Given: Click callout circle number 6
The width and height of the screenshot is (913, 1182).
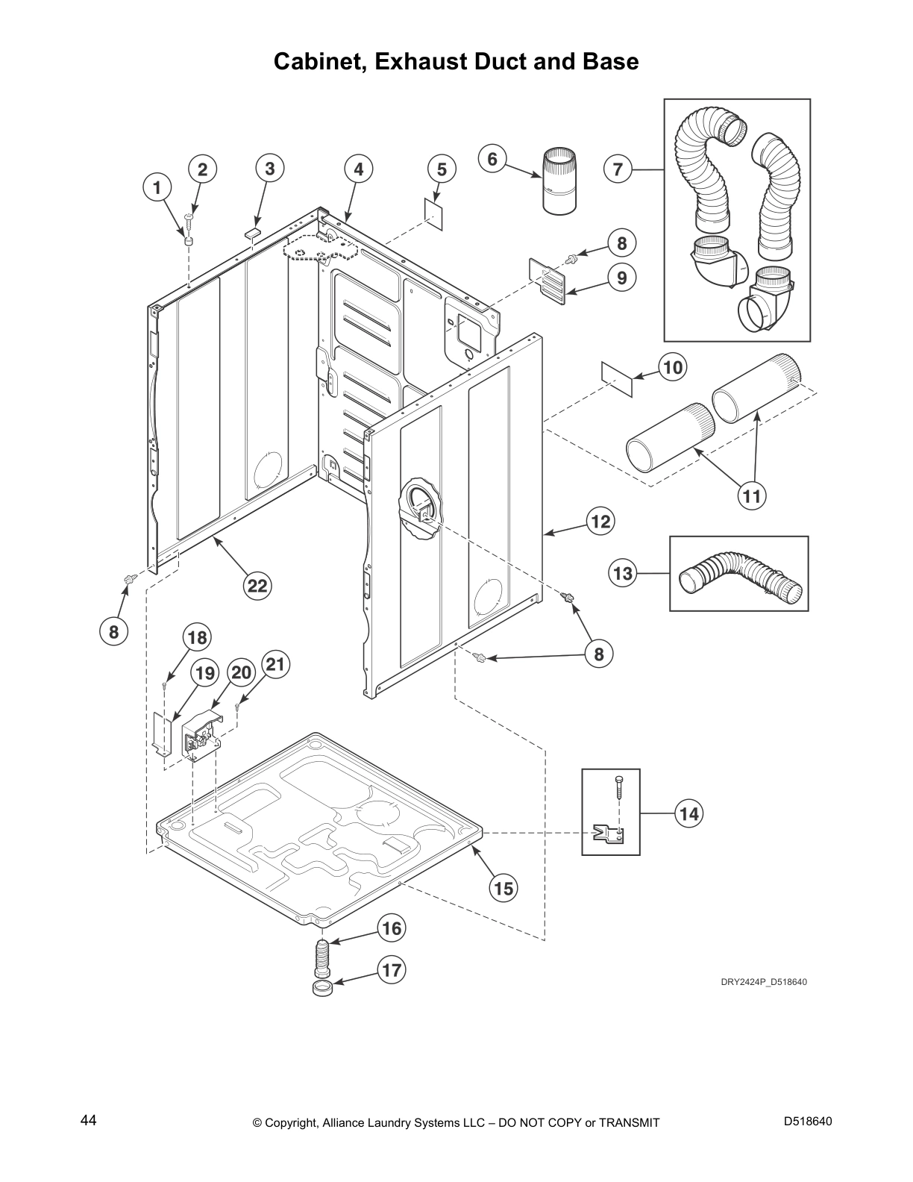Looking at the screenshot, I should (x=492, y=160).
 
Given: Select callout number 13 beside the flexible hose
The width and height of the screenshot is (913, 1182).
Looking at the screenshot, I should (x=622, y=573).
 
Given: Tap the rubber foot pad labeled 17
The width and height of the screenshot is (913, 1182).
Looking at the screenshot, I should (x=322, y=989).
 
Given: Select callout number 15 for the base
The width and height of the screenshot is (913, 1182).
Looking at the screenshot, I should (x=503, y=888).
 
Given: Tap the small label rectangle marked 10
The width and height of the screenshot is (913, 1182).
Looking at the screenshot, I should (x=617, y=378).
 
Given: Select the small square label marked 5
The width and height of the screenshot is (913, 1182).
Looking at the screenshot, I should (x=434, y=210).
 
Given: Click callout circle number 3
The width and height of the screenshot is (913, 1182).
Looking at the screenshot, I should (x=270, y=169).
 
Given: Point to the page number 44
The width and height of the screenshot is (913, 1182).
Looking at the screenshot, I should (x=88, y=1120).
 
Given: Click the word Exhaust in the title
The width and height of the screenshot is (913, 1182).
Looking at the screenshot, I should (x=423, y=61).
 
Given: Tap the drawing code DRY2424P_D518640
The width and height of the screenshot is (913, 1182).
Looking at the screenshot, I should (x=763, y=981).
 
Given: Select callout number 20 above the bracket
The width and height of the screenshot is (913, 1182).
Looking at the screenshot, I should (x=241, y=672).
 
